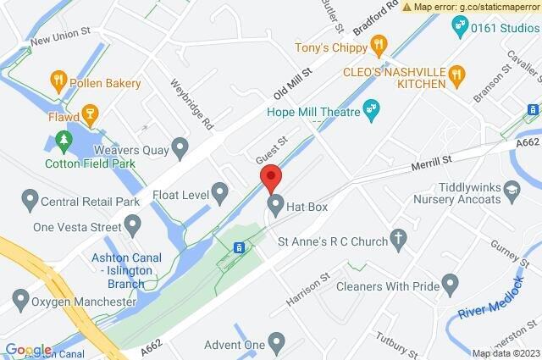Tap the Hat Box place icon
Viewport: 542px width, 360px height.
276,204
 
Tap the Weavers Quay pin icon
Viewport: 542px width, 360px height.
179,149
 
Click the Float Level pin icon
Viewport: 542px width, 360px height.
220,194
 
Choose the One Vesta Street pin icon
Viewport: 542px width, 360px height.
132,225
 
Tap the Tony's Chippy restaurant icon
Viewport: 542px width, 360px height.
379,44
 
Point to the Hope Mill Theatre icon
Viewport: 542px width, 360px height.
370,108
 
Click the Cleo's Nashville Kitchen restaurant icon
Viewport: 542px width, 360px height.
456,75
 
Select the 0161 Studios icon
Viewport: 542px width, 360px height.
461,25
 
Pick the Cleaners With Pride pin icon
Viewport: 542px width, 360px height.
451,283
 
